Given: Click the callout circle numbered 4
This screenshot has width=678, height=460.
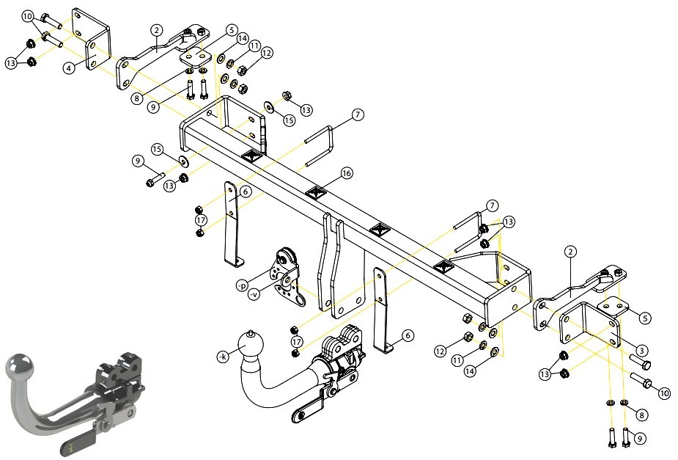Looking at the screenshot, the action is (x=69, y=68).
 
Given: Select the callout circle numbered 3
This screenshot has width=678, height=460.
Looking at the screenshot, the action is (x=641, y=351).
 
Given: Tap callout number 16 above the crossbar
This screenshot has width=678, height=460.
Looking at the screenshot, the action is (x=347, y=173).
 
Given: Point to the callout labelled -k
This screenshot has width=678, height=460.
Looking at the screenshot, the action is (x=223, y=357).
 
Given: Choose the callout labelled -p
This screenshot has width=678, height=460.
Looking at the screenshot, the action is (x=242, y=285).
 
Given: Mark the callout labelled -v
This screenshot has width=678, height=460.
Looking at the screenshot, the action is (x=254, y=295).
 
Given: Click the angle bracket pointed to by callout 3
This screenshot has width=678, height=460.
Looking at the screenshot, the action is (x=590, y=324).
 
